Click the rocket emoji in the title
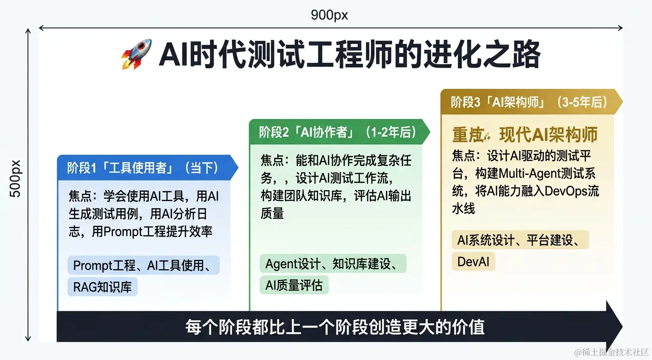(x=136, y=54)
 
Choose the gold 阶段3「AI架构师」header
(x=529, y=102)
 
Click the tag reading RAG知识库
(x=103, y=287)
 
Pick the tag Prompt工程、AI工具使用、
(x=144, y=266)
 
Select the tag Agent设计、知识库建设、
(x=333, y=264)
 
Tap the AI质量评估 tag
(x=294, y=285)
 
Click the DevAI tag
(x=473, y=262)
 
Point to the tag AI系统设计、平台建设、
(x=520, y=240)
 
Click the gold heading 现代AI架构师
(x=548, y=135)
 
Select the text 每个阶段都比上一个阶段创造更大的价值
(x=335, y=327)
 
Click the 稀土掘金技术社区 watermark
(x=612, y=352)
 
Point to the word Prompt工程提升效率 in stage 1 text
(x=152, y=232)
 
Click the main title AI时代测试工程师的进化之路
(x=349, y=55)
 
